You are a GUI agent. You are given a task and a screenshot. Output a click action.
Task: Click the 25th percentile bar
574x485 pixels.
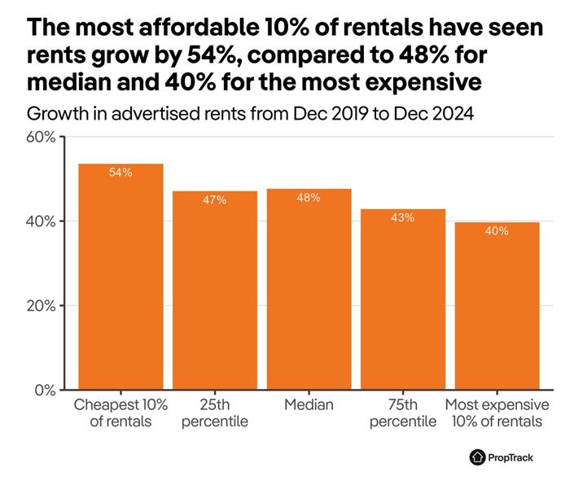[x=215, y=293]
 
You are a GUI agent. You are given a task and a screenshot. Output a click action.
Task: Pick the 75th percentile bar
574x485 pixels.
[x=403, y=301]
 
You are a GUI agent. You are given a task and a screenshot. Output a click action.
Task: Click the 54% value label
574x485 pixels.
[x=120, y=173]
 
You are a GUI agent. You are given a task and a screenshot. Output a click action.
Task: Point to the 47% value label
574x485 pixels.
[x=215, y=199]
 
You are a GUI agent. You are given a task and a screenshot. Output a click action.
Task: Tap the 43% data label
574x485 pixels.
[x=403, y=217]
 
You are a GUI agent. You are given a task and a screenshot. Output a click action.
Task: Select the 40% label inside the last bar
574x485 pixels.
[x=497, y=230]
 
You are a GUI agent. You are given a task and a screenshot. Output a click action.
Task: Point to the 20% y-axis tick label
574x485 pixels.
[x=41, y=306]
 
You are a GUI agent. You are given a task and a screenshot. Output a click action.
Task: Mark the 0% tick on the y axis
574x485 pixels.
[x=44, y=390]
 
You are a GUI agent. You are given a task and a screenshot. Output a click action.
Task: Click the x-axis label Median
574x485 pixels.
[x=309, y=405]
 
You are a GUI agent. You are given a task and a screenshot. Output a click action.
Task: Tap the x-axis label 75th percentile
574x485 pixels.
[x=403, y=413]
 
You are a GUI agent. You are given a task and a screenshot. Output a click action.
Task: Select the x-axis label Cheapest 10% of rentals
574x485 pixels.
[x=120, y=413]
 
